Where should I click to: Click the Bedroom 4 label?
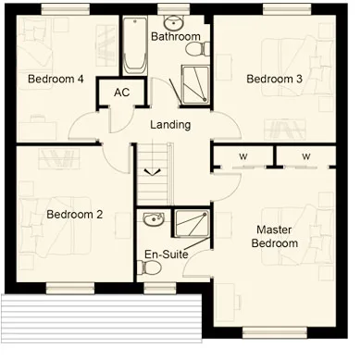pos(56,79)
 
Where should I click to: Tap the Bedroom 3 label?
pos(274,79)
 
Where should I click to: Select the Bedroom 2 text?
pos(74,215)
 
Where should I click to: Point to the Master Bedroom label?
pos(275,236)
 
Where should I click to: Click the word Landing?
pos(170,125)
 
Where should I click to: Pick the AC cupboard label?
pos(122,93)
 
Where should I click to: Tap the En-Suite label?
pos(167,254)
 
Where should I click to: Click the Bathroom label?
pos(176,36)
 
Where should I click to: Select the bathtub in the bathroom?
pos(135,45)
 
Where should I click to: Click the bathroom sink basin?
pos(174,22)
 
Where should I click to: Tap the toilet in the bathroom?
pos(197,49)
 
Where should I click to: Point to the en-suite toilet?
pos(149,267)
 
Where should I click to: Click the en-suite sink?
pos(154,219)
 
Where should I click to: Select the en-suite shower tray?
pos(192,224)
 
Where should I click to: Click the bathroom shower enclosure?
pos(195,84)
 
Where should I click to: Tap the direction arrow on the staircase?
pos(153,172)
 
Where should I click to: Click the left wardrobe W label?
pos(243,156)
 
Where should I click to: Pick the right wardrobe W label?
pos(306,156)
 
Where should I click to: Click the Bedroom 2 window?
pos(70,289)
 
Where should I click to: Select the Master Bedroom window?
pos(275,333)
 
